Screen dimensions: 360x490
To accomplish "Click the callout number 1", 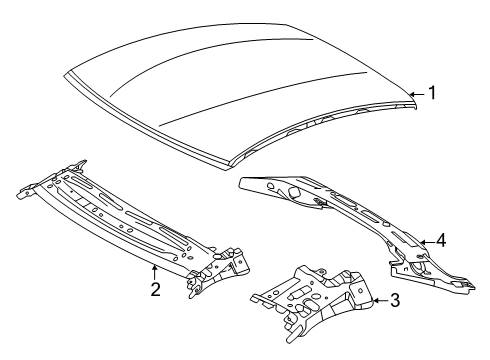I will tap(433, 93).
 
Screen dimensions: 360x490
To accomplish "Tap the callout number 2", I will tap(155, 290).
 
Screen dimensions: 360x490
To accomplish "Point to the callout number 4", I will tap(440, 240).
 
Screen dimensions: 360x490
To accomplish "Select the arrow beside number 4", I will tap(424, 240).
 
